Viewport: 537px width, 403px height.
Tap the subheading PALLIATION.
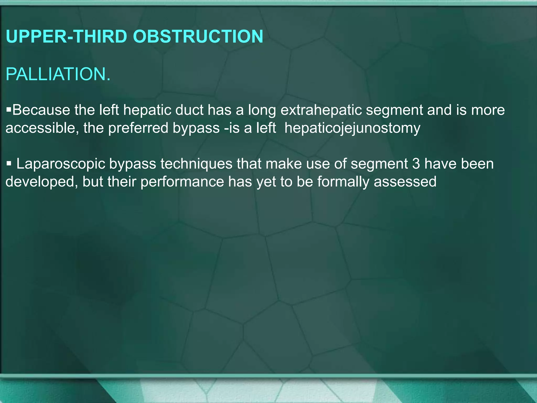pyautogui.click(x=58, y=74)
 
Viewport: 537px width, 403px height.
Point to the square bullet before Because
pyautogui.click(x=9, y=109)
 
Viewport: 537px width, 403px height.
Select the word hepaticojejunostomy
pyautogui.click(x=352, y=128)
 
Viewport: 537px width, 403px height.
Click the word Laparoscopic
pyautogui.click(x=61, y=164)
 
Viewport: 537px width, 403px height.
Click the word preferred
pyautogui.click(x=138, y=128)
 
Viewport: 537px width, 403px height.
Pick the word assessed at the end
pyautogui.click(x=405, y=182)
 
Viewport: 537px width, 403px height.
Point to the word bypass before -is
pyautogui.click(x=196, y=128)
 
